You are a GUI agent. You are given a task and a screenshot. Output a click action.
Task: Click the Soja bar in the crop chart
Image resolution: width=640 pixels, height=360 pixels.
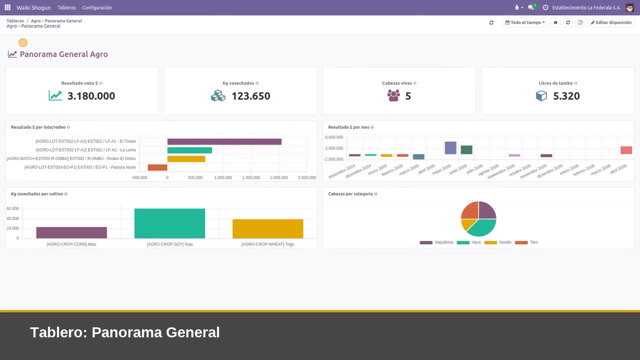click(x=169, y=223)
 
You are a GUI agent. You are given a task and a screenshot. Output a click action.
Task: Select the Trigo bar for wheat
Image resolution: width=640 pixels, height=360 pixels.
click(x=267, y=228)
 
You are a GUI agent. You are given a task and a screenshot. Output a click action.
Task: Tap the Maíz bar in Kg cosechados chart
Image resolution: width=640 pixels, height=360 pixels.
click(x=71, y=232)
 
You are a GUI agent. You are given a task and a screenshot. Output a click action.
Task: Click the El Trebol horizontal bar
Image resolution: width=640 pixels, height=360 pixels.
click(x=224, y=141)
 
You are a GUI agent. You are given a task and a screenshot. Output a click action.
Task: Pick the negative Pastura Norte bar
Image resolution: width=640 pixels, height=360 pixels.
click(x=157, y=167)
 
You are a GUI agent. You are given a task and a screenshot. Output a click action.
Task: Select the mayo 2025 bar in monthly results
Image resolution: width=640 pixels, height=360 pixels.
click(x=450, y=147)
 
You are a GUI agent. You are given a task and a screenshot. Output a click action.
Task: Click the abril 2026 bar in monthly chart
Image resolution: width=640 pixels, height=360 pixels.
click(x=626, y=150)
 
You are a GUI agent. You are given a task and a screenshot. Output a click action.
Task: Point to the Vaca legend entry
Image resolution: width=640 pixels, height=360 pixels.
click(x=468, y=242)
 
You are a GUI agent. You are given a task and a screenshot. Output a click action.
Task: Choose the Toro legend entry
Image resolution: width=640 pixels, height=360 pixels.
click(x=526, y=242)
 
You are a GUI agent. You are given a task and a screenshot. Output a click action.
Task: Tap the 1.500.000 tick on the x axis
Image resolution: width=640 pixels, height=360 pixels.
click(x=251, y=177)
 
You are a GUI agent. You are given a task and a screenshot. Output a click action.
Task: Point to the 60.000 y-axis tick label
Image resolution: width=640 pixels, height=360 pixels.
click(x=12, y=208)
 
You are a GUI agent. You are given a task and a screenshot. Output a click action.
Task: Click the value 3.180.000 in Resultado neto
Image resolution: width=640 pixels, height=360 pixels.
click(x=91, y=96)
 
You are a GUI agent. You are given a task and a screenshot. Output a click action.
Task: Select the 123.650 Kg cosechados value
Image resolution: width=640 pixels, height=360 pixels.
click(x=250, y=96)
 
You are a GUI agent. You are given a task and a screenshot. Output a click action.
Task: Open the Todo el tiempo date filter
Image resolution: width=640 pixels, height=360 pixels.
click(x=525, y=22)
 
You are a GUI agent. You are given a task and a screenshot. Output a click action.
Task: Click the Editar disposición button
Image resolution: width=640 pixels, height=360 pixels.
click(x=611, y=22)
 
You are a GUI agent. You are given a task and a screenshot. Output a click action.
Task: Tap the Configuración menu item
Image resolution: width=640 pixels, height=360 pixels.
click(x=97, y=7)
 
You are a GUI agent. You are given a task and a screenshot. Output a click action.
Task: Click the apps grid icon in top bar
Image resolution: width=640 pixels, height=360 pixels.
click(x=7, y=7)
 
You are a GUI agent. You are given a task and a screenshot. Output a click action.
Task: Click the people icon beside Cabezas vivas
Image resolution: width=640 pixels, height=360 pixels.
click(x=393, y=95)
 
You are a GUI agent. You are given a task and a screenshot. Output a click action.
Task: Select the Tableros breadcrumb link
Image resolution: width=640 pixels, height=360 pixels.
click(x=15, y=21)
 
